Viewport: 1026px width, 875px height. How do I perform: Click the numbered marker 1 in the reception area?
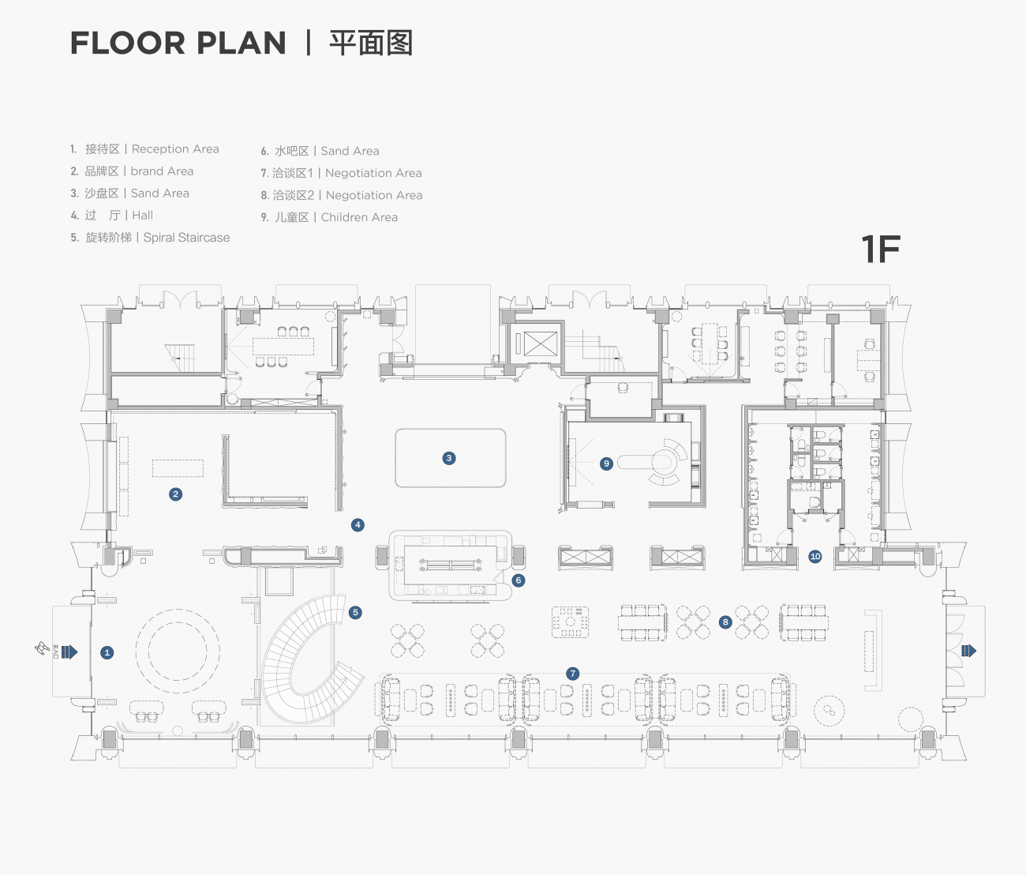[x=107, y=652]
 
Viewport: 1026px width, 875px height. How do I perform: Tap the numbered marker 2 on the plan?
[x=175, y=494]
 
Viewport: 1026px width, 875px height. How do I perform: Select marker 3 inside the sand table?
[x=449, y=458]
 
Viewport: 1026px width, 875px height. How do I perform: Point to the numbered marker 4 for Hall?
[x=358, y=524]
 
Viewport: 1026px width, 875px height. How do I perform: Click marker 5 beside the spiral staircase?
[x=355, y=612]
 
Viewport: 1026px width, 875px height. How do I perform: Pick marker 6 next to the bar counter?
[x=519, y=580]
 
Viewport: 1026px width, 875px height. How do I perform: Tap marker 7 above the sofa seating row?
[x=573, y=674]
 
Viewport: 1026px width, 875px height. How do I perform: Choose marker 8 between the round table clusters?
[x=725, y=622]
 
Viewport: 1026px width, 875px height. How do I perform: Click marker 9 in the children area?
[x=606, y=464]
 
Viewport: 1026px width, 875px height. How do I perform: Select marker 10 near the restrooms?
[x=815, y=557]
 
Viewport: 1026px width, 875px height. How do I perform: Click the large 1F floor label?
[x=880, y=250]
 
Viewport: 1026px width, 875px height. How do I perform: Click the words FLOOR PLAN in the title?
[x=178, y=43]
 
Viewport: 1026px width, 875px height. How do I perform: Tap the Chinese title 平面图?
[x=371, y=43]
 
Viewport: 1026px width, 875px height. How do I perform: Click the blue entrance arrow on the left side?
[x=69, y=652]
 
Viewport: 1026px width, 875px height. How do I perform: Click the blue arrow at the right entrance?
[x=968, y=651]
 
